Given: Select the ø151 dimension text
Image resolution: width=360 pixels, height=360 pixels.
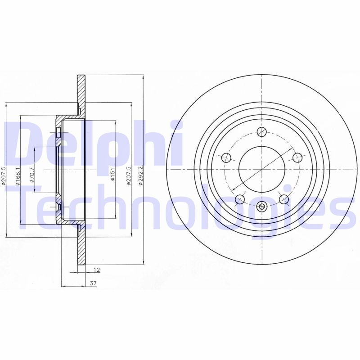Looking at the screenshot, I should (x=112, y=174).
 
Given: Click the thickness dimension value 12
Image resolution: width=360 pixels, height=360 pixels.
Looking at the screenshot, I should (x=96, y=270).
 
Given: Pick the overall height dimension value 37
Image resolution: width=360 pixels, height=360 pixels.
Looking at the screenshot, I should (x=93, y=283).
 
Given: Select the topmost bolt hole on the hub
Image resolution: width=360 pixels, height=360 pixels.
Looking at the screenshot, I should (x=261, y=131).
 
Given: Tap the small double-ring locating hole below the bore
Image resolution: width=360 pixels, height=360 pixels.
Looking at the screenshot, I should (x=262, y=207).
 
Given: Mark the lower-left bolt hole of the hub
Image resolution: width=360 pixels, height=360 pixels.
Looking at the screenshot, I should (x=240, y=198).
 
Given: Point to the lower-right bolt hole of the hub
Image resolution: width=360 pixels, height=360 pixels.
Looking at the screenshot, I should (x=283, y=198).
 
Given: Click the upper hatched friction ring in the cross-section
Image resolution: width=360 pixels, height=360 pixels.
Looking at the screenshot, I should (x=81, y=94).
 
